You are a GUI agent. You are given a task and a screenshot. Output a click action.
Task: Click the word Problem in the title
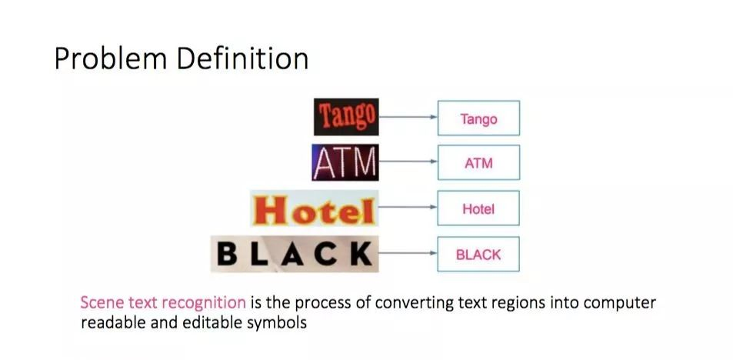(111, 59)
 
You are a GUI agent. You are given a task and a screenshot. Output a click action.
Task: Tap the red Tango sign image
(346, 117)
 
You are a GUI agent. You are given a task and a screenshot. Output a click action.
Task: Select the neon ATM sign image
(345, 162)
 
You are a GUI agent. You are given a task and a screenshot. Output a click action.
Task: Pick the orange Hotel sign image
(314, 208)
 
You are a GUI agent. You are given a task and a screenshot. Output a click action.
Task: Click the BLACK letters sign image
(295, 254)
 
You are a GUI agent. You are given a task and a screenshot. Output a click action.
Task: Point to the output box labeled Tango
(478, 118)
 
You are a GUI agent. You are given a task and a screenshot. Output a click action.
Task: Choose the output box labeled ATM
(478, 163)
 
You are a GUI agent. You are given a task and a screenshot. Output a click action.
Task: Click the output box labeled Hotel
(478, 208)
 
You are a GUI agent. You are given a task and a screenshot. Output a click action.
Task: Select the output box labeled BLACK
(478, 254)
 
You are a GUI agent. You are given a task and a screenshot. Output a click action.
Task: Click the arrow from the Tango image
(408, 117)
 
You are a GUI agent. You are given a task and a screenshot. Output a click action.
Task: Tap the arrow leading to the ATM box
(408, 162)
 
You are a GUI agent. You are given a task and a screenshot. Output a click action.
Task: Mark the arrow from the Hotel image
(408, 207)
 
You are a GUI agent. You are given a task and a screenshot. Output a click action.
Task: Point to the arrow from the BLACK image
(408, 253)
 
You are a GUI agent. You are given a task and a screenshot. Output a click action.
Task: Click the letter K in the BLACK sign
(361, 255)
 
